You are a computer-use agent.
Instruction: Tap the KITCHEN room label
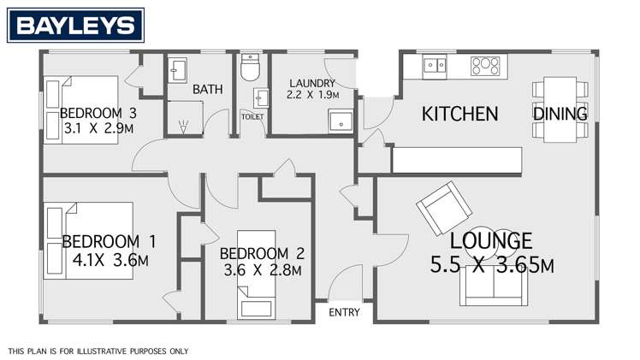click(x=460, y=114)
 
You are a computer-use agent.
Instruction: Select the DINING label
click(x=560, y=114)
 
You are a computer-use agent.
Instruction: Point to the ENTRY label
click(x=344, y=313)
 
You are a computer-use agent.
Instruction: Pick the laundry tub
click(x=342, y=122)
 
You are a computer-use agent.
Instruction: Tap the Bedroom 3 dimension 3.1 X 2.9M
click(x=98, y=129)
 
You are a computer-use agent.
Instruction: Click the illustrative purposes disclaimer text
click(x=98, y=351)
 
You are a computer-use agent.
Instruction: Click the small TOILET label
click(x=253, y=115)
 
